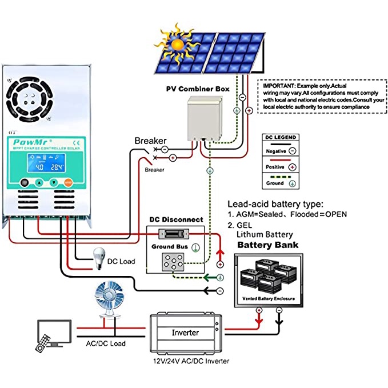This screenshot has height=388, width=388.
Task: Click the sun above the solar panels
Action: click(x=178, y=43)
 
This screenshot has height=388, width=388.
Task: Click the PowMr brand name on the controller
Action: click(x=29, y=143)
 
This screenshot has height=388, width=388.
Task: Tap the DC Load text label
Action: click(x=121, y=262)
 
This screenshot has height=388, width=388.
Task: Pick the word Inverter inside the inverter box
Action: click(x=186, y=332)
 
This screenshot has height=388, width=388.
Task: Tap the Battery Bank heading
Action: click(x=267, y=245)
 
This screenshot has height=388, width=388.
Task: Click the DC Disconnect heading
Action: click(x=176, y=219)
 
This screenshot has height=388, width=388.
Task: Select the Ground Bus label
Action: click(x=170, y=247)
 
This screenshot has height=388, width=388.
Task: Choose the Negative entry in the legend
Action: click(x=278, y=151)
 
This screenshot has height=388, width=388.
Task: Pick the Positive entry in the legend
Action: click(x=277, y=167)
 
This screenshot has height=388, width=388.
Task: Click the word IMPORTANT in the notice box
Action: click(x=280, y=85)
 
